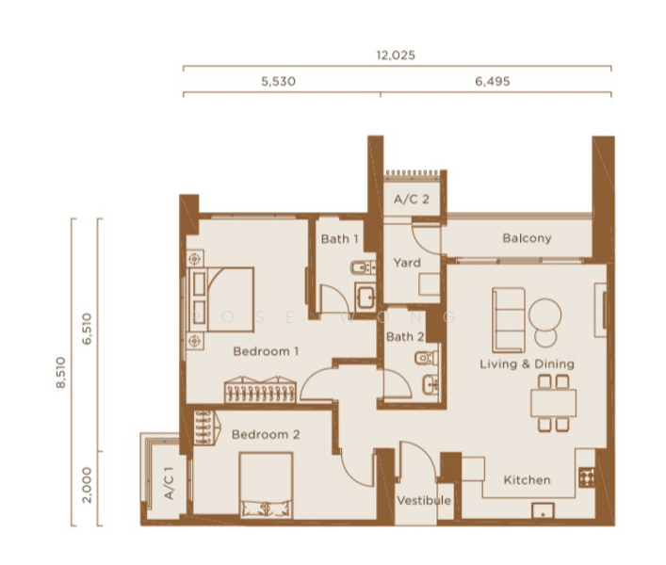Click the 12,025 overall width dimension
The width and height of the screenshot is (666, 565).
[x=396, y=56]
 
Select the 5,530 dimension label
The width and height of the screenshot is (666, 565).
[x=278, y=82]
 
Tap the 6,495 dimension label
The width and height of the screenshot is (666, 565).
[x=493, y=82]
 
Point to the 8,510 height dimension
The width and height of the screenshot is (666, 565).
[x=61, y=372]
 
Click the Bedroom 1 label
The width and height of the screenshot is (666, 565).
[x=266, y=351]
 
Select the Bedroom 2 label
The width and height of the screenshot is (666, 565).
[x=266, y=435]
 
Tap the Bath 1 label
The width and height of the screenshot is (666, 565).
[x=339, y=239]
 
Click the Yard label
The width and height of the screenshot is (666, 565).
[x=407, y=263]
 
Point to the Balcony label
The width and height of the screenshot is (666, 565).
[x=527, y=238]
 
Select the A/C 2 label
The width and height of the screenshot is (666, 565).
[x=412, y=200]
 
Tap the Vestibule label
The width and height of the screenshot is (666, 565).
[x=423, y=500]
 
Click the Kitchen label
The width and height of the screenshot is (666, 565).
[x=527, y=480]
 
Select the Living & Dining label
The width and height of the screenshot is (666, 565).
[x=527, y=363]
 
